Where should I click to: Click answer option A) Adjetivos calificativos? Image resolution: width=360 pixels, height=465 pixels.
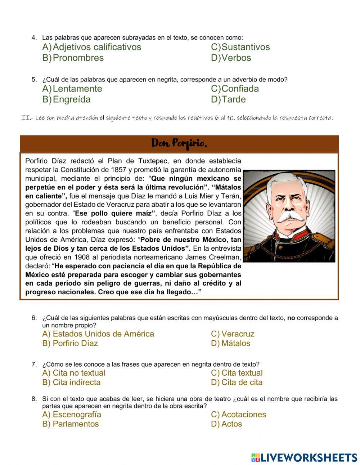pyautogui.click(x=92, y=47)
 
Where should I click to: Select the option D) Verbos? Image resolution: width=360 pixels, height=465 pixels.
pyautogui.click(x=231, y=58)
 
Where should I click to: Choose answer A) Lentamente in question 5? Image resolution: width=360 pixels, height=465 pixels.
pyautogui.click(x=72, y=89)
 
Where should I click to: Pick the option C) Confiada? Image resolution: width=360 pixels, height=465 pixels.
pyautogui.click(x=235, y=89)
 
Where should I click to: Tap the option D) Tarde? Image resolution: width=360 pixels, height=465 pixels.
pyautogui.click(x=228, y=100)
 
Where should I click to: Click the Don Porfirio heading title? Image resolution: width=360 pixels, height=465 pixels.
pyautogui.click(x=179, y=143)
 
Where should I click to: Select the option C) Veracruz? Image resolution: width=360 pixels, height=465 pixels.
pyautogui.click(x=233, y=334)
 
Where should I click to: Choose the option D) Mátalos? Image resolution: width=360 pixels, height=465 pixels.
pyautogui.click(x=230, y=343)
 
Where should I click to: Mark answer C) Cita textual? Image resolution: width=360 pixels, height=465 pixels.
pyautogui.click(x=237, y=373)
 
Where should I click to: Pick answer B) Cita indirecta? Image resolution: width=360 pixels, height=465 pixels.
pyautogui.click(x=71, y=383)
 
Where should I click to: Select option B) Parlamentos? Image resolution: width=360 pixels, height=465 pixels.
pyautogui.click(x=70, y=424)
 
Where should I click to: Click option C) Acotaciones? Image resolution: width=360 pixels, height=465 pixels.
pyautogui.click(x=238, y=415)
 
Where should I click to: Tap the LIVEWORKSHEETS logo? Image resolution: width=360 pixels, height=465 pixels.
pyautogui.click(x=304, y=457)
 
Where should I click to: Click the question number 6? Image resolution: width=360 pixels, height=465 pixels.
pyautogui.click(x=34, y=318)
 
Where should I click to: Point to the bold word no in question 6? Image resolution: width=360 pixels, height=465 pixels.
pyautogui.click(x=291, y=318)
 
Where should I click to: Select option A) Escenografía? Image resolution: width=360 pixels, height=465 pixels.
pyautogui.click(x=72, y=415)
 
